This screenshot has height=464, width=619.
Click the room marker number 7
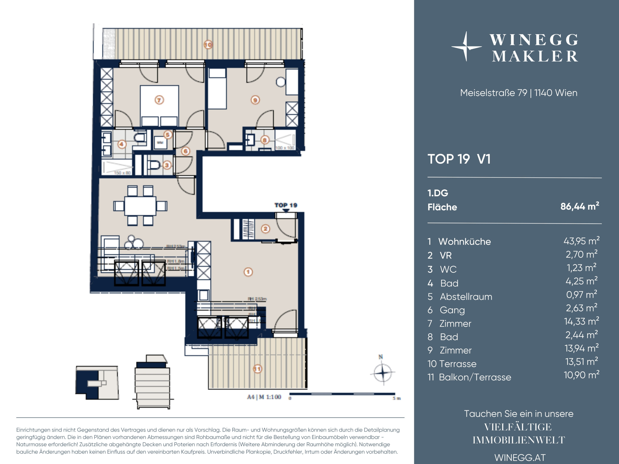(159, 100)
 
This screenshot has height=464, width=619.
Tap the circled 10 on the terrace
(208, 45)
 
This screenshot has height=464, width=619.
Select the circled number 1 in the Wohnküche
(248, 272)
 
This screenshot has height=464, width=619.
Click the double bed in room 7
(159, 106)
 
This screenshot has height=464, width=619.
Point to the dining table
(140, 206)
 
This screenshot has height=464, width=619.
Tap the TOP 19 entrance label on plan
(286, 205)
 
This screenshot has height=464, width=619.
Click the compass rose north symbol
(382, 372)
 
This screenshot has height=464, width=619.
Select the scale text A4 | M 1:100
(264, 397)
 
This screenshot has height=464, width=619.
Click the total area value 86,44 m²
(579, 206)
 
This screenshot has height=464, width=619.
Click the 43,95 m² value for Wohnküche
(581, 241)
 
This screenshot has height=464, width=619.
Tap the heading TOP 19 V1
(459, 159)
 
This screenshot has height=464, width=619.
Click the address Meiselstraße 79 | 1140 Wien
(518, 93)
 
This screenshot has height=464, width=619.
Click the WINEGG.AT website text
(520, 458)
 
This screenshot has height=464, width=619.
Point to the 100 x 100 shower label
(285, 148)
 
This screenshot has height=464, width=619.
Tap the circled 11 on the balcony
(257, 369)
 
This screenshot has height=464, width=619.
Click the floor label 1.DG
(438, 193)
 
